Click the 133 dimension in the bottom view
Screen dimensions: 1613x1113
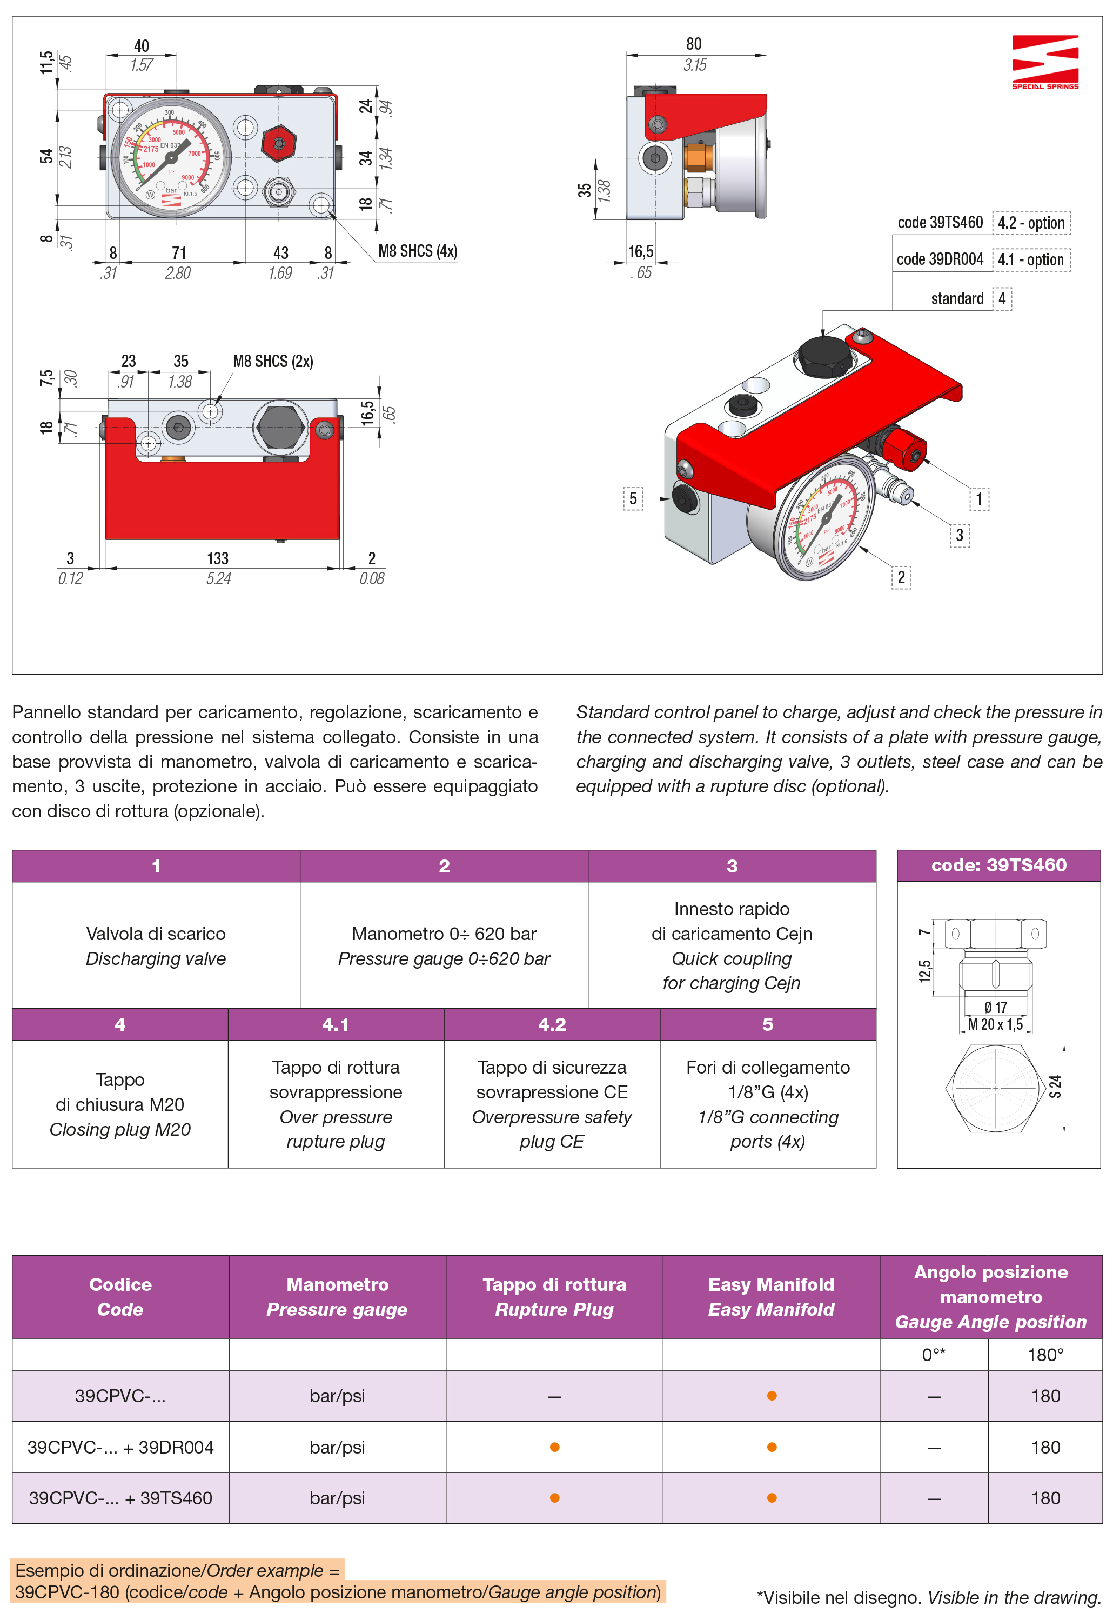pyautogui.click(x=218, y=558)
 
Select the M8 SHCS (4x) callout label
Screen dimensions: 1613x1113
pyautogui.click(x=417, y=251)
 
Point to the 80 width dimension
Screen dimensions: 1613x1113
pyautogui.click(x=693, y=44)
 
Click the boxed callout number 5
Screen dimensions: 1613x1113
pyautogui.click(x=633, y=498)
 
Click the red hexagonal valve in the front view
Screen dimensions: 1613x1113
pyautogui.click(x=279, y=143)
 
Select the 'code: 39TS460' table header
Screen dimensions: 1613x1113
pyautogui.click(x=998, y=865)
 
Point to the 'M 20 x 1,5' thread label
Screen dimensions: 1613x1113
pyautogui.click(x=995, y=1024)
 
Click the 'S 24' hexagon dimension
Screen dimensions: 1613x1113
pyautogui.click(x=1055, y=1087)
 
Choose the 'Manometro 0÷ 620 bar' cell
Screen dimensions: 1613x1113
pyautogui.click(x=444, y=934)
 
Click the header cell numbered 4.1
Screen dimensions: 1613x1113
pyautogui.click(x=336, y=1024)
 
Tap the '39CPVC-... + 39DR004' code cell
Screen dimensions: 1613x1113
pyautogui.click(x=120, y=1447)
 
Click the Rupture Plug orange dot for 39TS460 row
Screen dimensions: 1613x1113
pyautogui.click(x=554, y=1498)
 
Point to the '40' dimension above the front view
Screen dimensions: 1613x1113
pyautogui.click(x=141, y=46)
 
